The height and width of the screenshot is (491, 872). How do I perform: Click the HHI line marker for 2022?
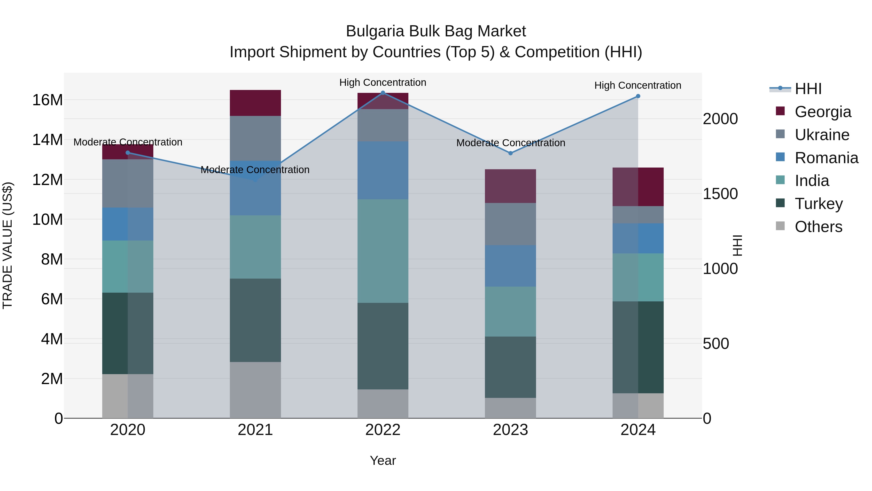(x=383, y=93)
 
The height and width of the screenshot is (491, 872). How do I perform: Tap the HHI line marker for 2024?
(x=638, y=96)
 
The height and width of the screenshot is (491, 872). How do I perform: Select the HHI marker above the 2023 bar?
(x=510, y=153)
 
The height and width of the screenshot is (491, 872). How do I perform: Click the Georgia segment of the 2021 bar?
(x=255, y=103)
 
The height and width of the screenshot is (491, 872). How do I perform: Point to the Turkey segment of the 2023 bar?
(x=510, y=367)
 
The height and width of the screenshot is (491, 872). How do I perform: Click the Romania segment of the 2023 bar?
(x=510, y=266)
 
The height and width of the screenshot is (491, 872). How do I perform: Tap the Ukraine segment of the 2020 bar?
(x=128, y=183)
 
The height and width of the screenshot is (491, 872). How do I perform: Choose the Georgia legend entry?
(x=823, y=112)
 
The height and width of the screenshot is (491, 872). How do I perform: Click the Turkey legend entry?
(x=818, y=204)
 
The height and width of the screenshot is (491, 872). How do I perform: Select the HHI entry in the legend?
(x=808, y=89)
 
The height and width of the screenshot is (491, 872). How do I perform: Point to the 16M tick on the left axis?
(x=47, y=100)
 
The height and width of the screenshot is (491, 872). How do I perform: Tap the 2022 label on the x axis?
(x=383, y=430)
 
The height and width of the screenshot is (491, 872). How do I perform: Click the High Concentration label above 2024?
(x=638, y=85)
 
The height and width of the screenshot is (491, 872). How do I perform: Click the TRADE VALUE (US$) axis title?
(x=8, y=245)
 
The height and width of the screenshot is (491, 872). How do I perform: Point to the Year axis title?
(x=383, y=460)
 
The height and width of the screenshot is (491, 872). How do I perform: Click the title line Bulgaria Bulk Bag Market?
(x=436, y=31)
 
